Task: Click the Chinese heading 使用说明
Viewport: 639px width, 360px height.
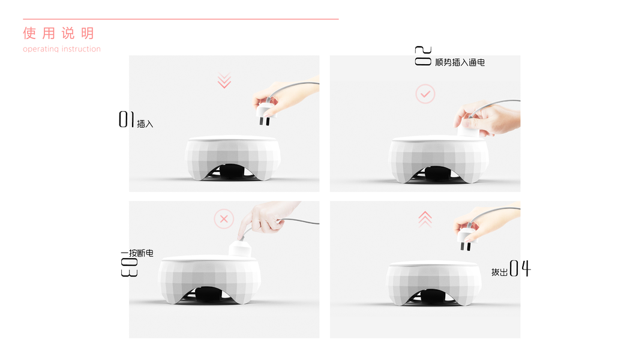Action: click(x=59, y=33)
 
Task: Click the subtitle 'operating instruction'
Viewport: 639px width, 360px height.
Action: click(x=62, y=49)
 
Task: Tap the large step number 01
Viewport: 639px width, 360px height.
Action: click(x=127, y=119)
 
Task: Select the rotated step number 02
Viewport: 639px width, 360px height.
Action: click(x=423, y=56)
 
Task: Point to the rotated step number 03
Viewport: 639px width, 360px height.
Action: click(x=129, y=267)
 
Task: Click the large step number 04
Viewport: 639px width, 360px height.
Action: click(x=520, y=268)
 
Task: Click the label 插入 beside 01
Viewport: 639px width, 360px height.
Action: click(x=145, y=124)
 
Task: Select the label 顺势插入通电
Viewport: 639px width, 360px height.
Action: click(x=460, y=62)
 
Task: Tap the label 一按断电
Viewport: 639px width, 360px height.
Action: click(x=137, y=253)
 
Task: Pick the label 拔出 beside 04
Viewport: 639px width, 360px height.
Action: click(x=499, y=272)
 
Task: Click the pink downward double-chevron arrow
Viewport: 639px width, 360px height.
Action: click(x=224, y=80)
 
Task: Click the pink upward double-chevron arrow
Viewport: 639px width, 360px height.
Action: click(x=425, y=220)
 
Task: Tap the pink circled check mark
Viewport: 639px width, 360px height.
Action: click(x=425, y=94)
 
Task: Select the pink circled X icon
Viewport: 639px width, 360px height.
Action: click(x=224, y=219)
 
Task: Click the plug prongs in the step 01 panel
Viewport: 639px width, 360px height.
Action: click(x=265, y=121)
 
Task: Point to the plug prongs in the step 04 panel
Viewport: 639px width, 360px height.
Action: click(x=466, y=246)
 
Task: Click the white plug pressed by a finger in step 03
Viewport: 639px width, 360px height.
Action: click(x=241, y=249)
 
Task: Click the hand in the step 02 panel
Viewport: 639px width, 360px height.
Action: click(x=487, y=119)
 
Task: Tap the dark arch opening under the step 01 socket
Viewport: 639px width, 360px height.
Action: click(x=232, y=172)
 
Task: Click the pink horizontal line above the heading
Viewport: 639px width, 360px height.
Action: click(x=181, y=19)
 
